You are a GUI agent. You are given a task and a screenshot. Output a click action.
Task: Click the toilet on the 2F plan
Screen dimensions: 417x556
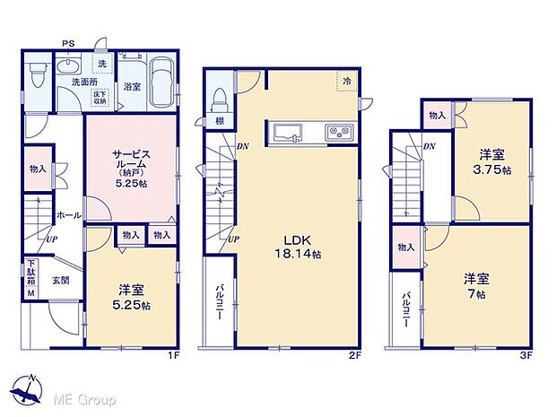coord(219,99)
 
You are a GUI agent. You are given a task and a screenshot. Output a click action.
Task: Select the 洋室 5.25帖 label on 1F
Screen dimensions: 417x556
coord(131,297)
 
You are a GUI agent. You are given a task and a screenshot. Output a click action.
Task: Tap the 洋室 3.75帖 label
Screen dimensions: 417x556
coord(493,162)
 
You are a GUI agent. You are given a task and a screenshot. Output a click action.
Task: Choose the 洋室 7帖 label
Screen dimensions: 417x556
coord(475,285)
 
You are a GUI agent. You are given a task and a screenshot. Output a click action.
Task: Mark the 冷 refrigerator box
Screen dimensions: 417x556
coord(346,80)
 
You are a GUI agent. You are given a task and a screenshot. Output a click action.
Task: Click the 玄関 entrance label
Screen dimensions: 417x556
coord(60,281)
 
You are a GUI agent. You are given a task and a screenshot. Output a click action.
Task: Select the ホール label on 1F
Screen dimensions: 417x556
coord(68,215)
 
